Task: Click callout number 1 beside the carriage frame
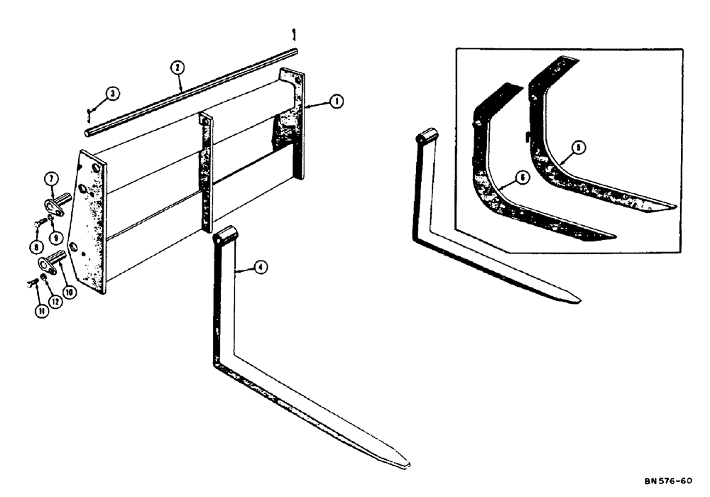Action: click(336, 102)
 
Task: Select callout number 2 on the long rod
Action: click(177, 68)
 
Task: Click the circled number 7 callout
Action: click(52, 176)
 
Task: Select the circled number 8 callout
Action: click(33, 246)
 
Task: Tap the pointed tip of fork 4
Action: click(407, 465)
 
